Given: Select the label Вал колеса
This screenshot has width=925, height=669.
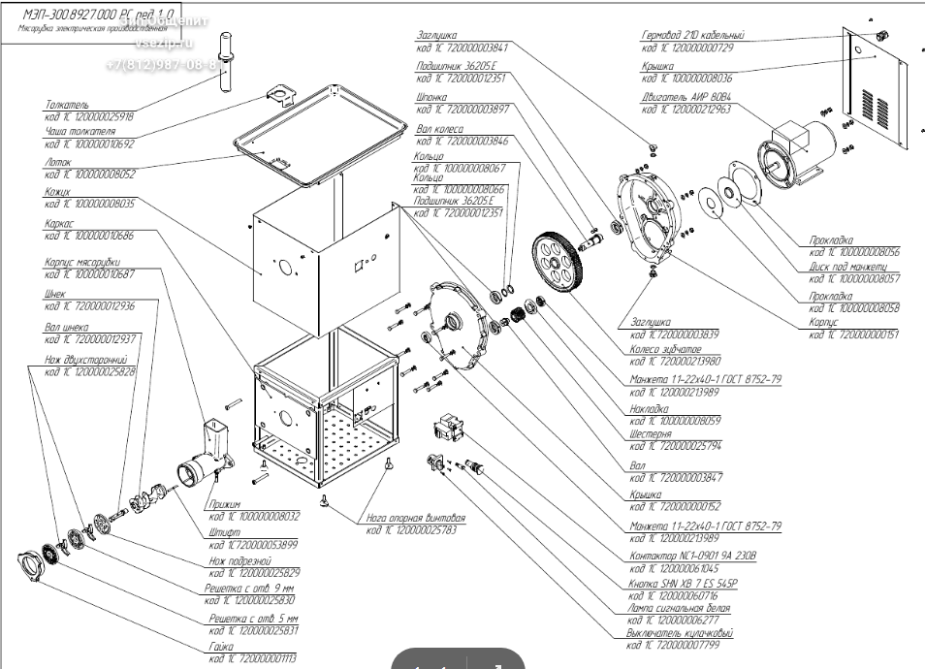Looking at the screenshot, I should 438,129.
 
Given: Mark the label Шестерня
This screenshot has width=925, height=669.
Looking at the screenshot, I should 651,436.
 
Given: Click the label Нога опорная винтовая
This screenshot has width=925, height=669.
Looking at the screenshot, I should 416,518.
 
